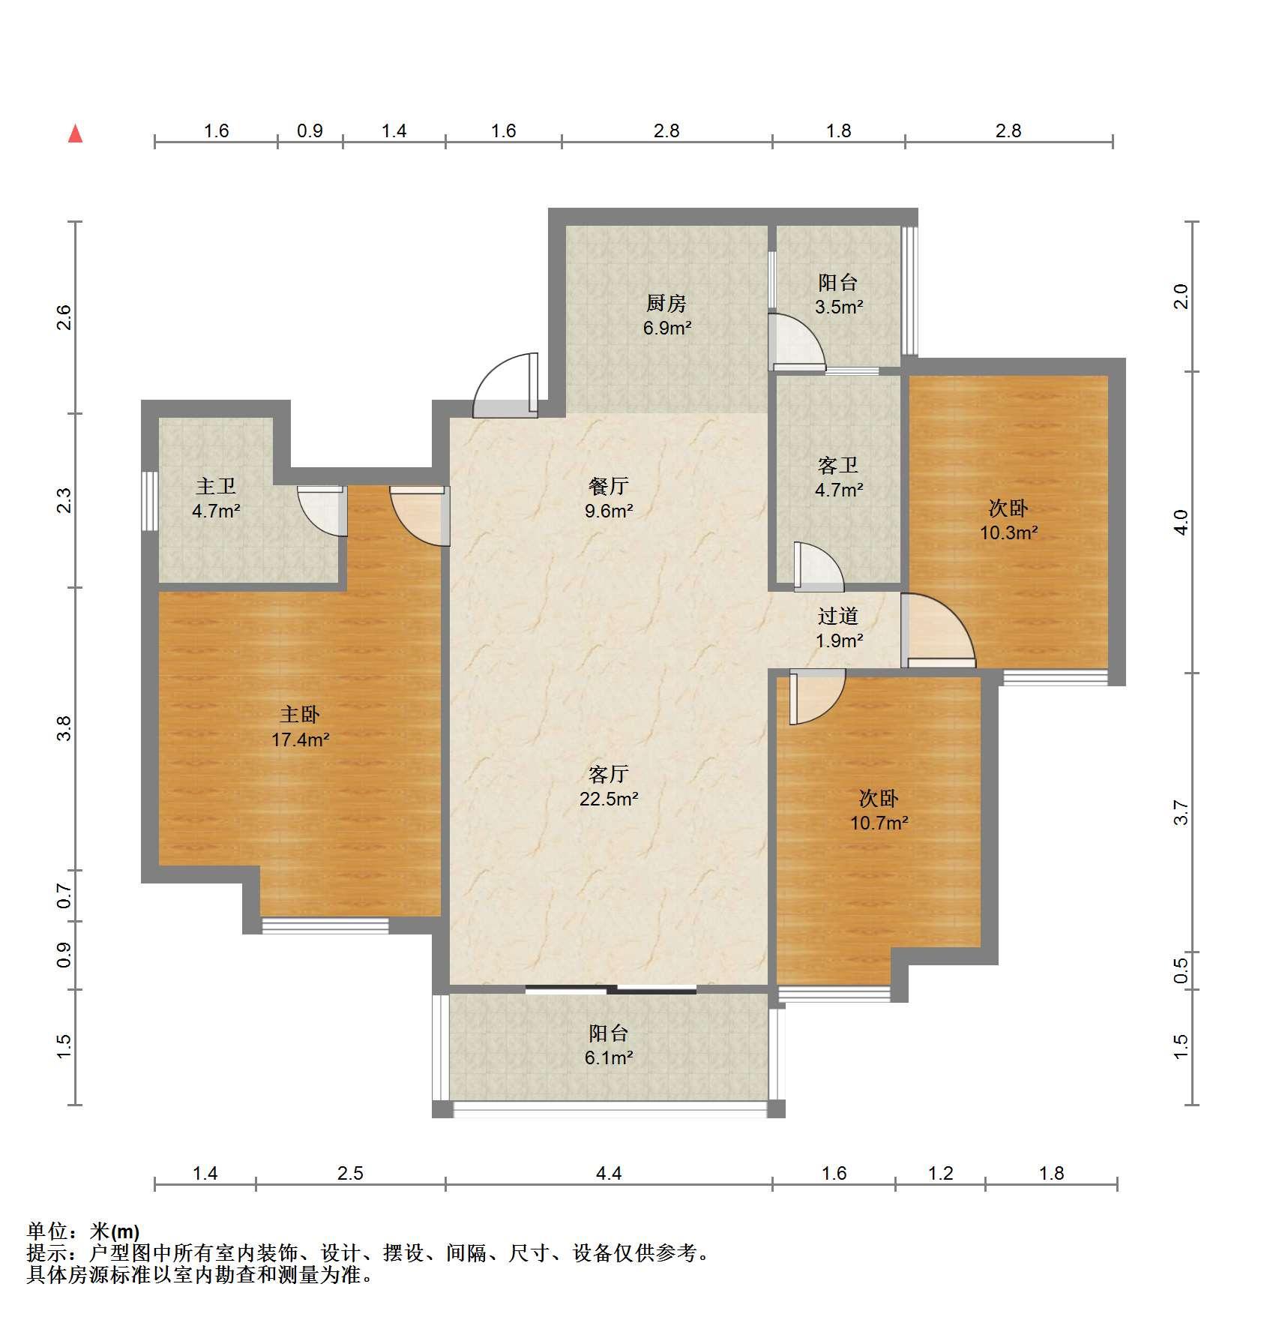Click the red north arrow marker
75,133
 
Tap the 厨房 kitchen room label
666,303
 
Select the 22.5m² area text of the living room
609,799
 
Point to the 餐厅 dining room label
609,486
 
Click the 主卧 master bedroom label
300,715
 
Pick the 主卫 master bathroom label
216,487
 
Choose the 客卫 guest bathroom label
838,466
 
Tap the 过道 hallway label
838,616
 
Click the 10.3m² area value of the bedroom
1009,533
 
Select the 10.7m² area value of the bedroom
879,823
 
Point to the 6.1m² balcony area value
609,1058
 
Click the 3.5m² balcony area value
839,307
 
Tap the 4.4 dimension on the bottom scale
609,1173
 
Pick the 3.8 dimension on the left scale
64,728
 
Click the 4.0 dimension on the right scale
1182,522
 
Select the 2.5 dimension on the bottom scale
350,1173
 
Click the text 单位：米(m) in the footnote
83,1231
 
